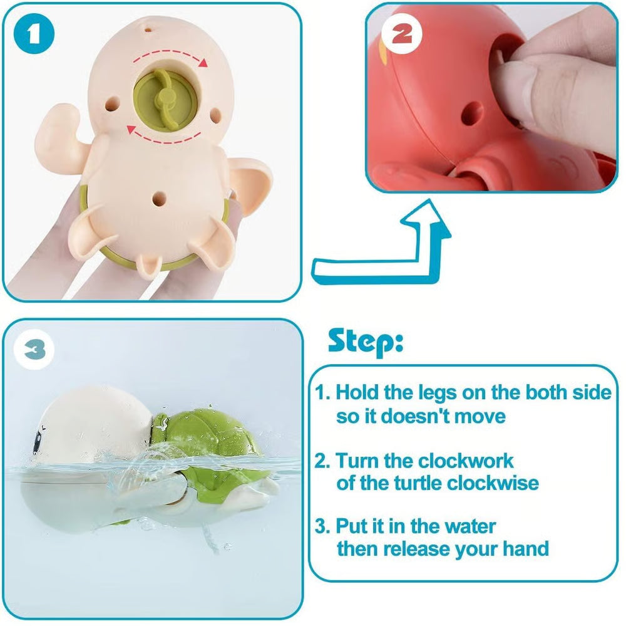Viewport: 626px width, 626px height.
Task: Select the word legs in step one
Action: tap(437, 393)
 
